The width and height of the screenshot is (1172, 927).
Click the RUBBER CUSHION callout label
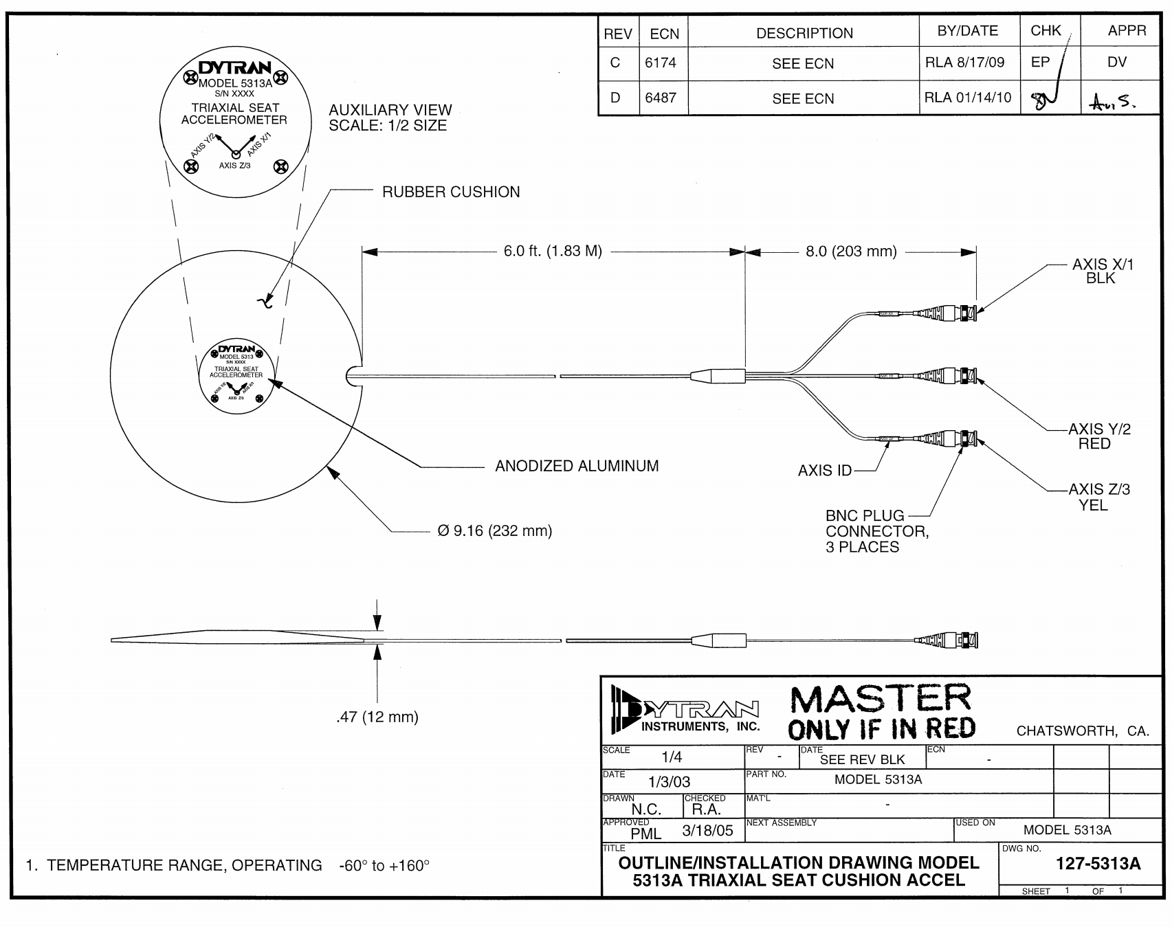pyautogui.click(x=451, y=192)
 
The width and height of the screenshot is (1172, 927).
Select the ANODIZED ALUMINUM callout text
pyautogui.click(x=577, y=466)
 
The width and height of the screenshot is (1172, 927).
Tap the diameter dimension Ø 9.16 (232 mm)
pyautogui.click(x=495, y=531)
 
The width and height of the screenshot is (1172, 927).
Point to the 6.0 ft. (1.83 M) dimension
pyautogui.click(x=553, y=252)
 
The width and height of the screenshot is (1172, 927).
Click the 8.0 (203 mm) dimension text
pyautogui.click(x=851, y=252)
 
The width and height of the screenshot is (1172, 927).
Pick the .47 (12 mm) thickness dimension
pyautogui.click(x=377, y=717)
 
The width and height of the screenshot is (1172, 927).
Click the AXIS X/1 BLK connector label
pyautogui.click(x=1101, y=271)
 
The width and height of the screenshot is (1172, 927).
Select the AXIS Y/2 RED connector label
pyautogui.click(x=1099, y=436)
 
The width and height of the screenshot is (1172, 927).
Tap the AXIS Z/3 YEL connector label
pyautogui.click(x=1098, y=497)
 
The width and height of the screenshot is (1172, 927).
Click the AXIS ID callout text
pyautogui.click(x=824, y=471)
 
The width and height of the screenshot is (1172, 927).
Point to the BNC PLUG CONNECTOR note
pyautogui.click(x=876, y=531)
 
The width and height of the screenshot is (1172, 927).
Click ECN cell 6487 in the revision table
pyautogui.click(x=661, y=98)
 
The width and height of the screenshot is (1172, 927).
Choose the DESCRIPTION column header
pyautogui.click(x=804, y=33)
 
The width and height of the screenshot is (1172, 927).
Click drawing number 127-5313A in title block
pyautogui.click(x=1098, y=864)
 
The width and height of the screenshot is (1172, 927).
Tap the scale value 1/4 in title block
pyautogui.click(x=672, y=758)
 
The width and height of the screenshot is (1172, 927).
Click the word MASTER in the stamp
pyautogui.click(x=881, y=699)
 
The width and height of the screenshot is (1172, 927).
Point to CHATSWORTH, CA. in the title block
pyautogui.click(x=1083, y=731)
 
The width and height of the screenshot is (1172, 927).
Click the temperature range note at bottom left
pyautogui.click(x=227, y=865)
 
